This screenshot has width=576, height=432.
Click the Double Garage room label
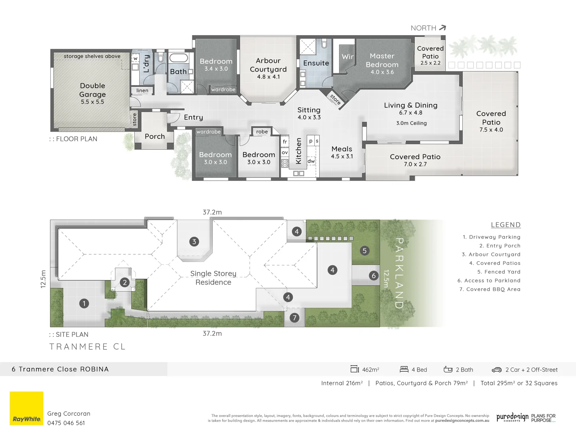tap(92, 90)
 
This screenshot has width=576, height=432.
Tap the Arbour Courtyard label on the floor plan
tap(268, 65)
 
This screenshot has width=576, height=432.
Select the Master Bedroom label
tap(382, 60)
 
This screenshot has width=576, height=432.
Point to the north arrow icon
tap(442, 28)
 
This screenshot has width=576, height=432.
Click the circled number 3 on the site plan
tap(194, 242)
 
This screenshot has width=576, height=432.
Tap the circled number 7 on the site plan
tap(294, 318)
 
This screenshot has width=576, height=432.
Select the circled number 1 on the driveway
tap(84, 304)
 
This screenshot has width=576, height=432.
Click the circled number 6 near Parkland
tap(374, 276)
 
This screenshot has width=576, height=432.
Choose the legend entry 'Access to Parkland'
tap(489, 281)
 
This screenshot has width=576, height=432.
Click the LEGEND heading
tap(506, 225)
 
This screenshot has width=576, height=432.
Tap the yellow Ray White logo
tap(26, 408)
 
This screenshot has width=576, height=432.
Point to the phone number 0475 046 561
tap(66, 423)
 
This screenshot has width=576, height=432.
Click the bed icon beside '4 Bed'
tap(404, 370)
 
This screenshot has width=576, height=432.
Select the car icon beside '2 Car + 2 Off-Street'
tap(496, 370)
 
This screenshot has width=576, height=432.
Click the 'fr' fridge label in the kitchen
tap(285, 142)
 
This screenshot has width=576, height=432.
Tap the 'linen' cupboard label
tap(142, 91)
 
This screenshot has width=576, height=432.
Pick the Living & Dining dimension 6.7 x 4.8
tap(410, 113)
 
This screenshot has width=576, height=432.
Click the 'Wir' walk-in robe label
tap(347, 57)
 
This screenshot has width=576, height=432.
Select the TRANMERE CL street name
tap(88, 347)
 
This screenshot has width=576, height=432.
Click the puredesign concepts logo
tap(512, 418)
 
